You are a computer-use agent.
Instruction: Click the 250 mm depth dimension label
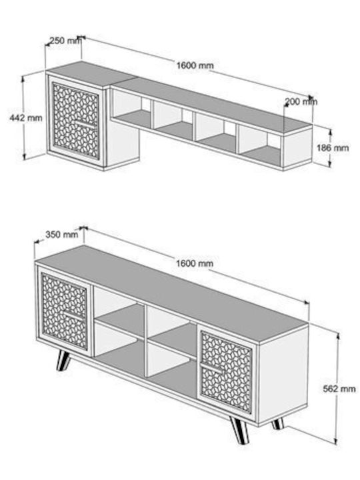[66, 41]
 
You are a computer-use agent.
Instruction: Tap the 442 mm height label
[26, 117]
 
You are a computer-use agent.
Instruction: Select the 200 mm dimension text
[301, 101]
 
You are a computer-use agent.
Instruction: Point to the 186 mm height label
[333, 148]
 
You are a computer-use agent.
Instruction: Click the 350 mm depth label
[62, 235]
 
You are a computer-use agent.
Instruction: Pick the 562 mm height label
[339, 389]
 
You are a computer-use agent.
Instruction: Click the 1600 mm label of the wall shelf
[195, 65]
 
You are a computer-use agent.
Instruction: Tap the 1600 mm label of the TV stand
[195, 263]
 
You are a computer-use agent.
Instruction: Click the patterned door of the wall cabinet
[75, 121]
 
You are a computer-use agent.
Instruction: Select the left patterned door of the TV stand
[65, 311]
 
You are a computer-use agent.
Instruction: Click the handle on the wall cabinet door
[85, 124]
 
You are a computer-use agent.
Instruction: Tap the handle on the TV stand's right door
[213, 368]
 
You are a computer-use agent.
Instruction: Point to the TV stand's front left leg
[63, 360]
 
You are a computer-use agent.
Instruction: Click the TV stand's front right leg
[240, 430]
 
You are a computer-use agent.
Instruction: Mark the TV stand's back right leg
[278, 424]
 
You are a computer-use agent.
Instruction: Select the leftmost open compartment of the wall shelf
[131, 107]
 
